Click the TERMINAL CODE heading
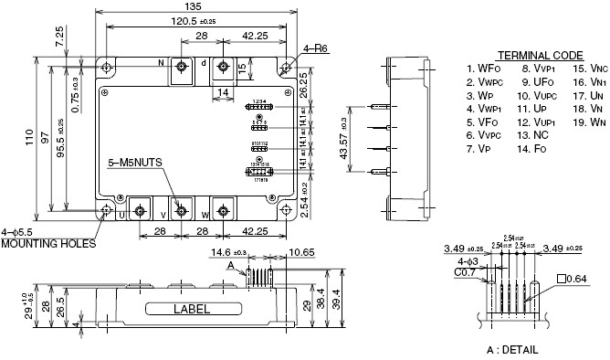point(538,55)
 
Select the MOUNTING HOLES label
point(47,244)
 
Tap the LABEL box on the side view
point(197,309)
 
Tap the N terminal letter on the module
point(160,64)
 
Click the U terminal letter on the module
point(121,215)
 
